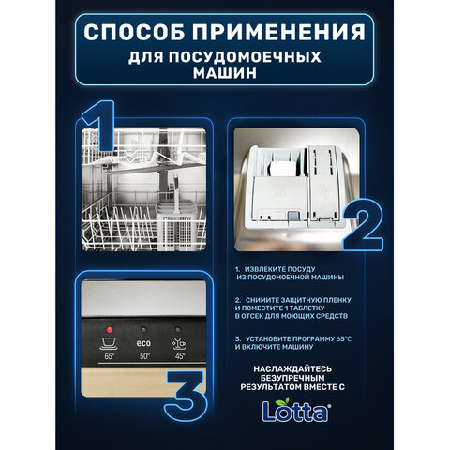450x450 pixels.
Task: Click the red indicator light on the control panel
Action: [110, 330]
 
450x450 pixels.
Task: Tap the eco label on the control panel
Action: [143, 332]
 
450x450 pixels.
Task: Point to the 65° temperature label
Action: [110, 358]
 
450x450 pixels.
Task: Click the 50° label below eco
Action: [143, 357]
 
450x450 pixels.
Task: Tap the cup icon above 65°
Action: [110, 344]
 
